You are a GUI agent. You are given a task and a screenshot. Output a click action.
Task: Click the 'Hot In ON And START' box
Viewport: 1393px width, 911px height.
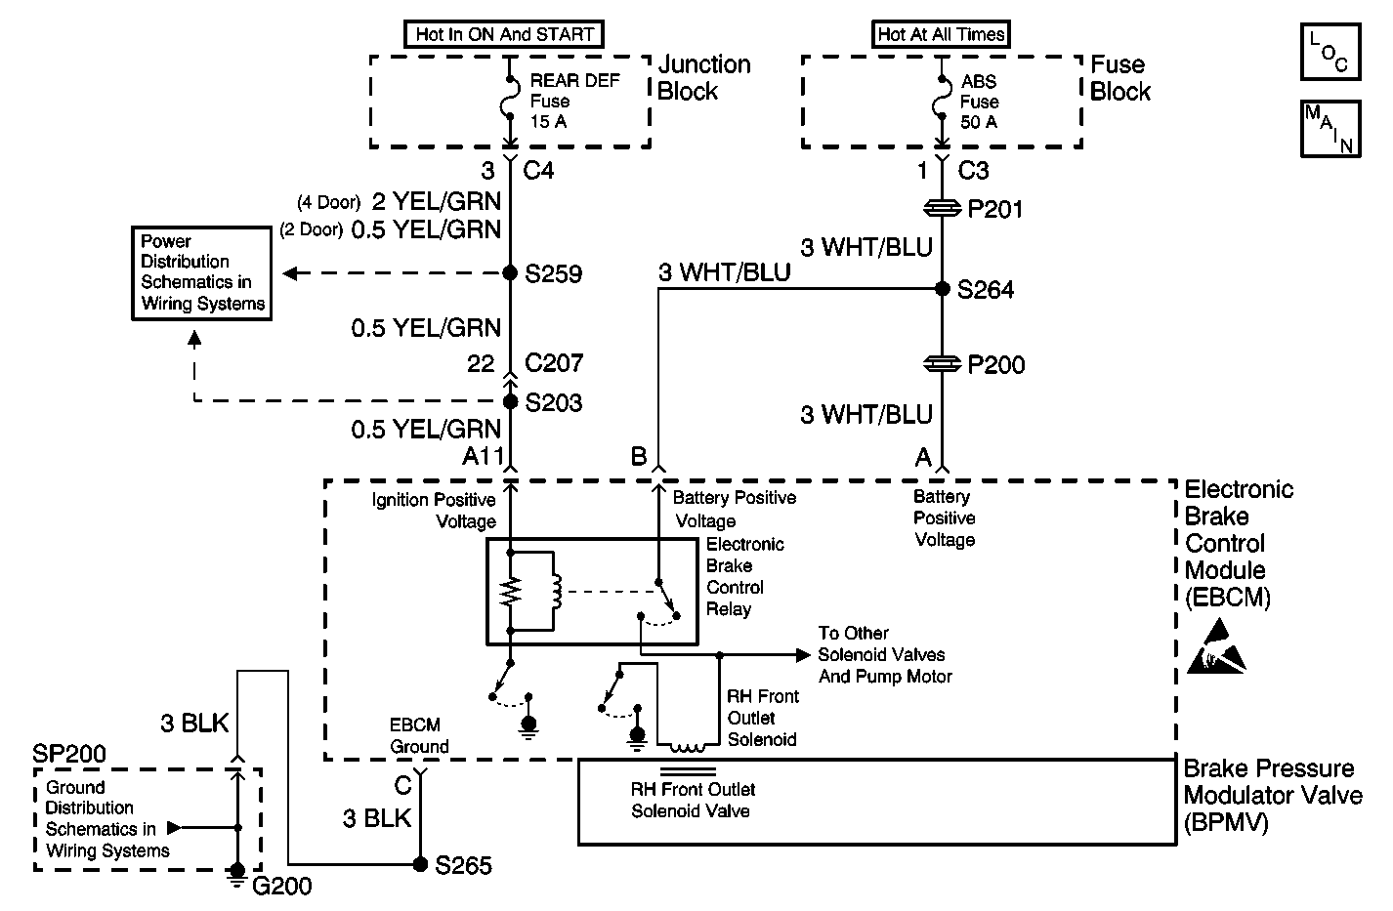(504, 34)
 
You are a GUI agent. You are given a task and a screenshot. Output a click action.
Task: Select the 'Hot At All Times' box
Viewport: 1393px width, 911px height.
(941, 34)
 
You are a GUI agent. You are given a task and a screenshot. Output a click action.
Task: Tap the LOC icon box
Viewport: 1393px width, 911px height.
(1330, 52)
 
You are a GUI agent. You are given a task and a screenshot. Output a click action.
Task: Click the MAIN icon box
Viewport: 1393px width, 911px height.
(1330, 129)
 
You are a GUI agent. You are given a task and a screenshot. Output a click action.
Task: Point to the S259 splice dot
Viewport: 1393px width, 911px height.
(510, 272)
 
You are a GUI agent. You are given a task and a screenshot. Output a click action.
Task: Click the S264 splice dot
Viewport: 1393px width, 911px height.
(942, 288)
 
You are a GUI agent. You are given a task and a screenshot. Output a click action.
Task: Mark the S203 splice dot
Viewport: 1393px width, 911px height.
(510, 401)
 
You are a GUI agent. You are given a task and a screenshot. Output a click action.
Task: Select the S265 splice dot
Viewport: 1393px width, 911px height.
(420, 864)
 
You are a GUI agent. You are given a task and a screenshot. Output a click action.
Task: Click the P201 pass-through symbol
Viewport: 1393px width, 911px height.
(942, 209)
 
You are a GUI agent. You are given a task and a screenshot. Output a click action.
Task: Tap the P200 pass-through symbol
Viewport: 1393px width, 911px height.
(942, 364)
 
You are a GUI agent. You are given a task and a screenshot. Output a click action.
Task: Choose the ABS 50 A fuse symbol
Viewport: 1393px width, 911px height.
(941, 98)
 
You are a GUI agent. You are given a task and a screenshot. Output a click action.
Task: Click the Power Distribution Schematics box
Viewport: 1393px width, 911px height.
(202, 273)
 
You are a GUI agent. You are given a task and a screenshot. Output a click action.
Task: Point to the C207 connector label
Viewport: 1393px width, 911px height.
(554, 363)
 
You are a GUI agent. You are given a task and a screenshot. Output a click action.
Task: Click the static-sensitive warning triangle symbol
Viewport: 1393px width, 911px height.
(1216, 647)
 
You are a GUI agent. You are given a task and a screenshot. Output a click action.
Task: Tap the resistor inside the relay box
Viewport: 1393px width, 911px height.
(510, 591)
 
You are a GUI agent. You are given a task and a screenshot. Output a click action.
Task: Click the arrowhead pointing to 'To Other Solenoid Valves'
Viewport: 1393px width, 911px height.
(803, 655)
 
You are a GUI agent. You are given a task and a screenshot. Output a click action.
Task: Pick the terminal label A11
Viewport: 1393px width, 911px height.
(484, 456)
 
